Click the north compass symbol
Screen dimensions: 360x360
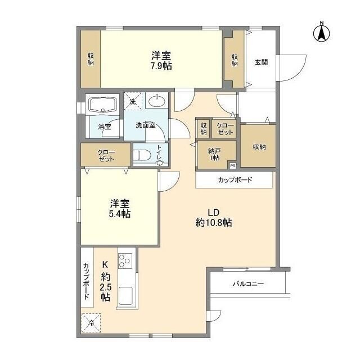(322, 33)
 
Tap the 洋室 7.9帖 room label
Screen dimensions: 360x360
(161, 60)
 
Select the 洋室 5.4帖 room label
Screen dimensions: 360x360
(120, 208)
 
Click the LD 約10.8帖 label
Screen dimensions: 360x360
(213, 217)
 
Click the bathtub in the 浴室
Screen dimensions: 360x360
(102, 105)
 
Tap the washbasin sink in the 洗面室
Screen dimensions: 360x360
(156, 102)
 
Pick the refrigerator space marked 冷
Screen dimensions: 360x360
(92, 323)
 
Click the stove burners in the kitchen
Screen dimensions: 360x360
(124, 260)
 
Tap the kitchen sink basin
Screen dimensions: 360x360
(125, 296)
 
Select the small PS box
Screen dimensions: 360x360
(232, 165)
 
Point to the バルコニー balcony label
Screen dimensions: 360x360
(248, 283)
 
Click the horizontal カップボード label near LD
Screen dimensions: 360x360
(235, 180)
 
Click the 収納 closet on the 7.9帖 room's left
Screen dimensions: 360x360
(91, 60)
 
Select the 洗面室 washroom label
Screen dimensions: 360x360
(145, 125)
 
